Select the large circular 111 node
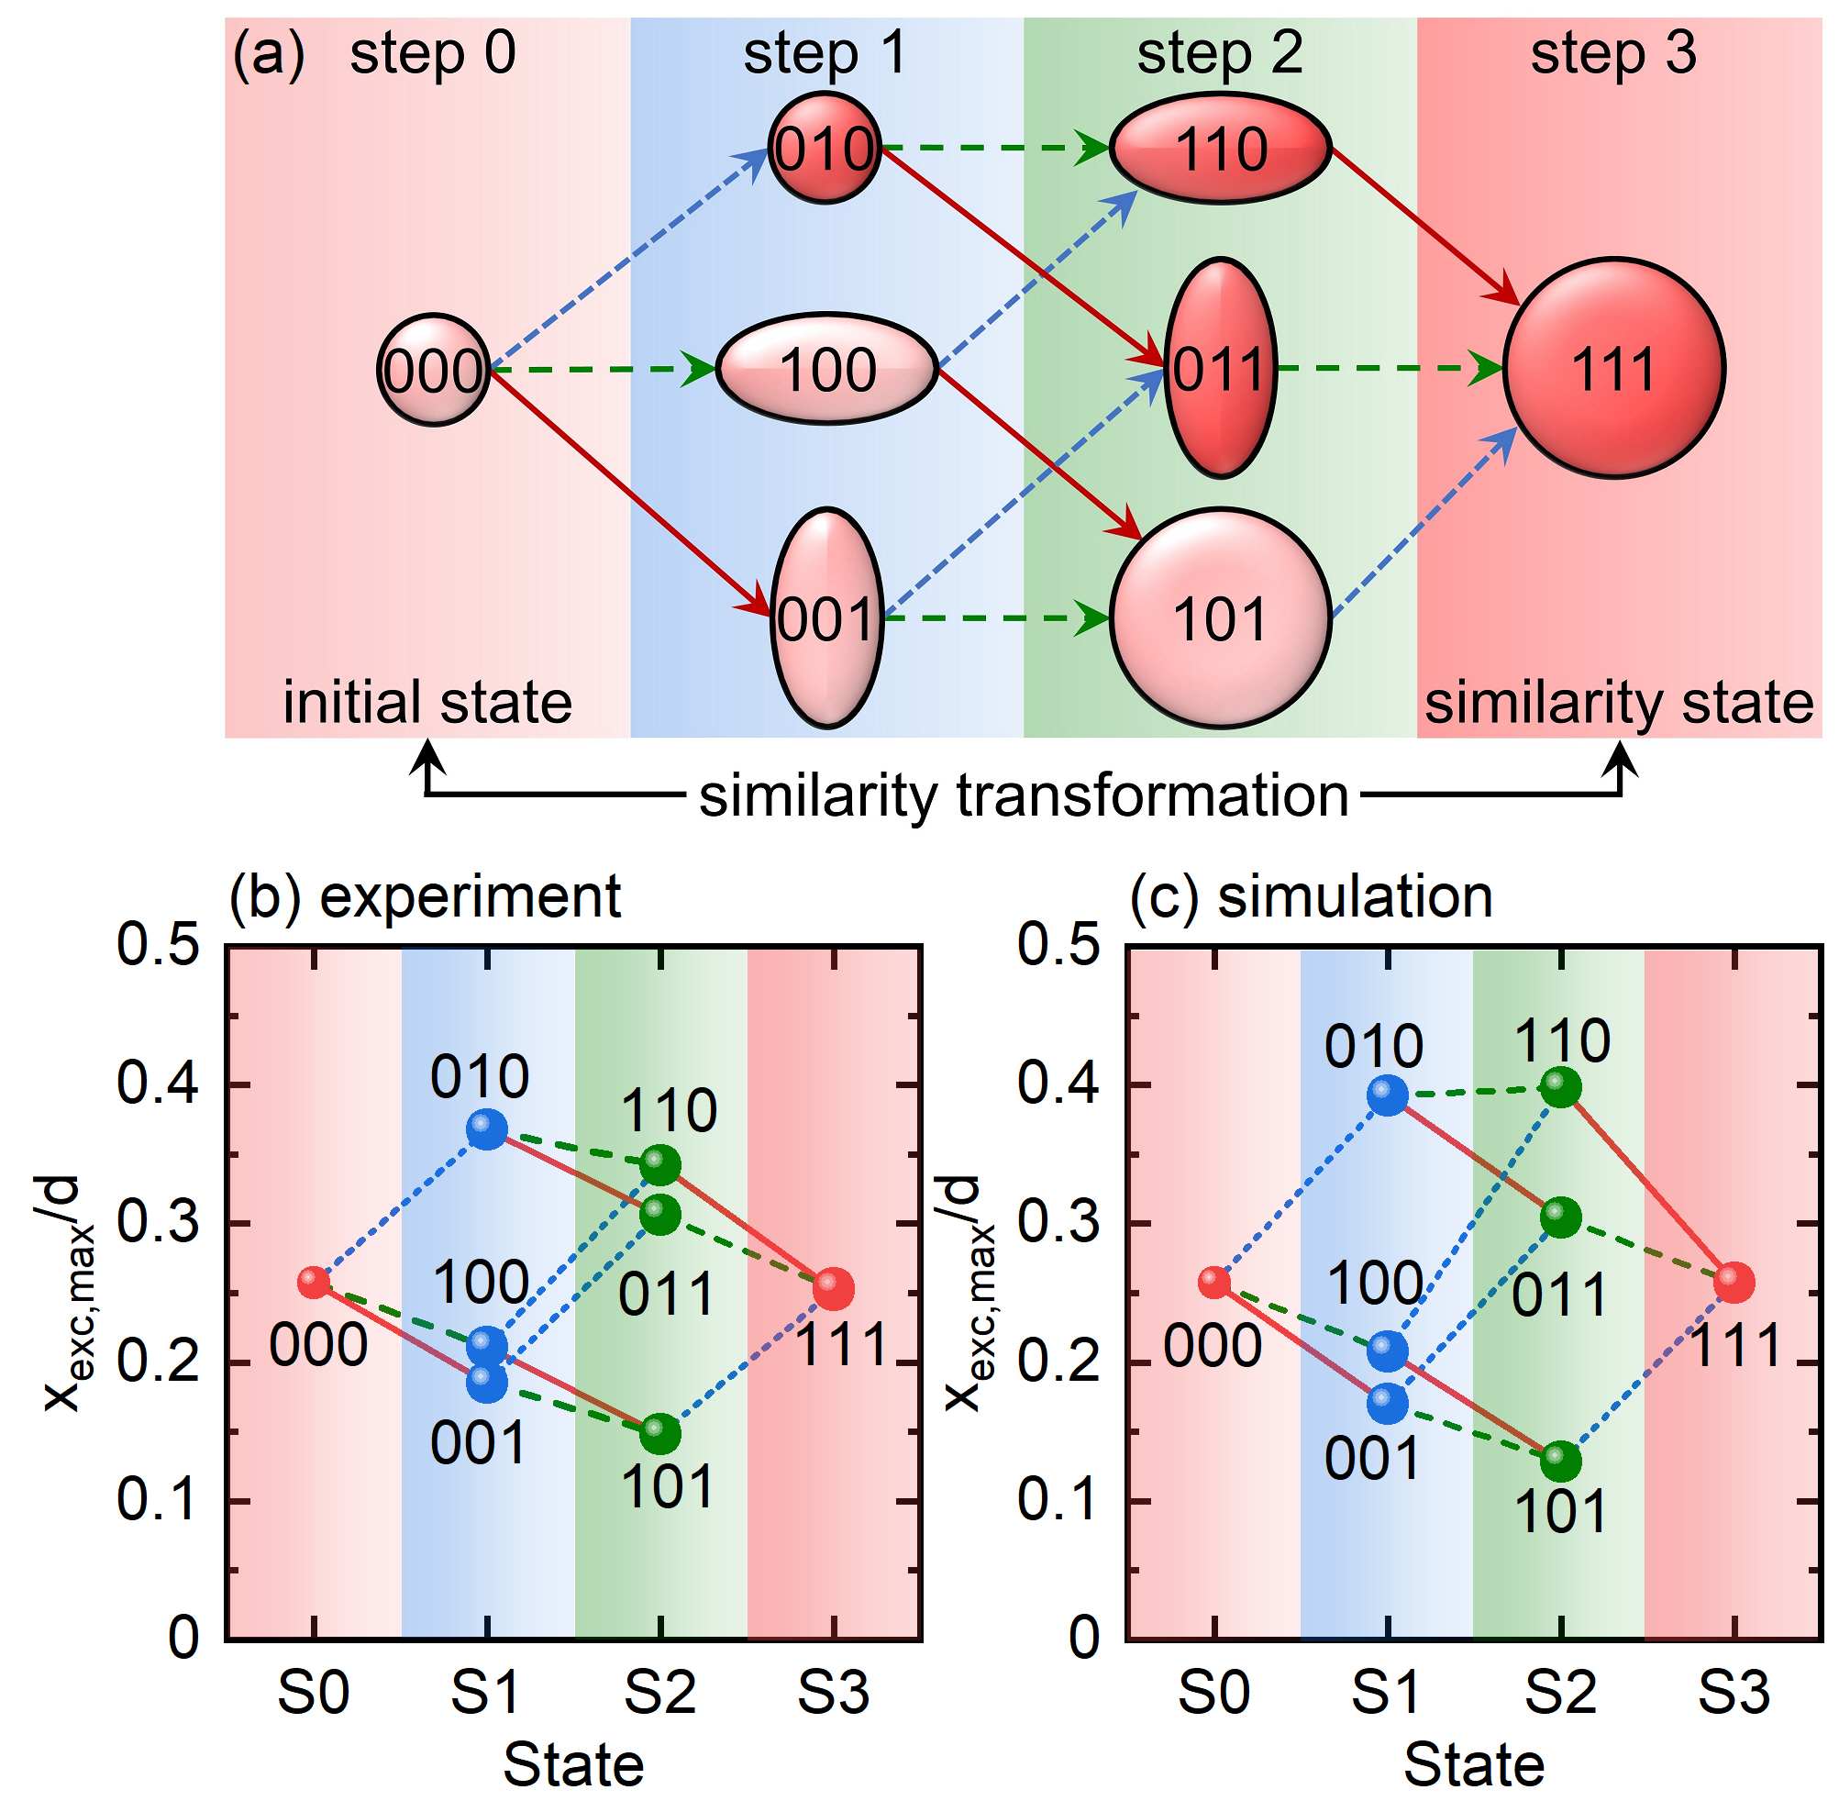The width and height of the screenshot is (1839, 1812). point(1612,367)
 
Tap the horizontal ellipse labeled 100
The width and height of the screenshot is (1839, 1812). point(825,368)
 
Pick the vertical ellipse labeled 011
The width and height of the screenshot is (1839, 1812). point(1220,367)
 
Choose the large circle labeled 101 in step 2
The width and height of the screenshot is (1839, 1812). point(1220,618)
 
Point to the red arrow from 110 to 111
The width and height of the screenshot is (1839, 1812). point(1423,225)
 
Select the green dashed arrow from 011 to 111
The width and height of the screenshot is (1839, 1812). point(1389,368)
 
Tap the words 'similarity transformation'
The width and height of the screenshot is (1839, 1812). point(1024,795)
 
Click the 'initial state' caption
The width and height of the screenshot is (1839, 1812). point(427,703)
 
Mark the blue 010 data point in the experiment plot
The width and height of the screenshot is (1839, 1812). point(486,1128)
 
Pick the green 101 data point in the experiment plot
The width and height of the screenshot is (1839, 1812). point(659,1432)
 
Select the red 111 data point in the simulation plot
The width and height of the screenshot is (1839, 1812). point(1734,1283)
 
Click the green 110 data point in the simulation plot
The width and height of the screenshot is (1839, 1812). point(1560,1087)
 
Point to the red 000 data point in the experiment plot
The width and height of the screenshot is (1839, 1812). point(313,1282)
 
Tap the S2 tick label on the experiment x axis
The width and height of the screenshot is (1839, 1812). point(659,1693)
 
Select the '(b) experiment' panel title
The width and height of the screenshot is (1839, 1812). point(426,897)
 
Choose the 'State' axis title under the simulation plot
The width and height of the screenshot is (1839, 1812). point(1474,1765)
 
